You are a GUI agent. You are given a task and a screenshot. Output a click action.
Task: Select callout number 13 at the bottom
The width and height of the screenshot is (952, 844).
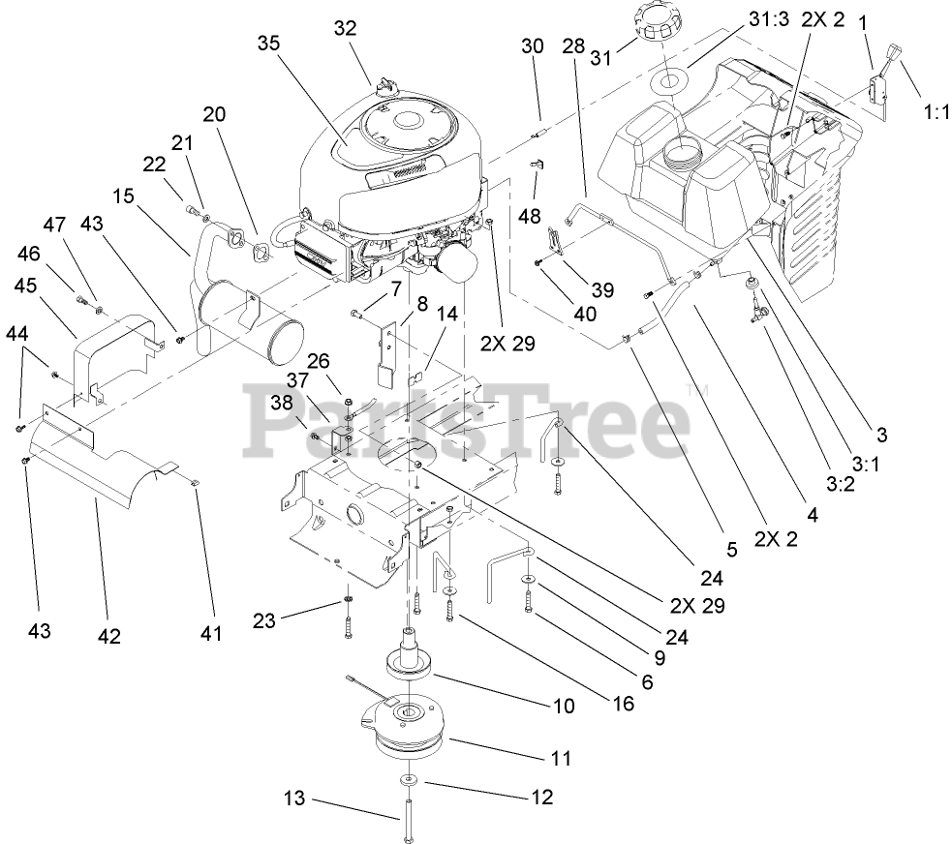294,799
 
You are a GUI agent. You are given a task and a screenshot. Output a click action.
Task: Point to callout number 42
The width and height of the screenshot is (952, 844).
108,636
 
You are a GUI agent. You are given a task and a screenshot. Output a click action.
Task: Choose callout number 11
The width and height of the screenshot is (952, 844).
561,758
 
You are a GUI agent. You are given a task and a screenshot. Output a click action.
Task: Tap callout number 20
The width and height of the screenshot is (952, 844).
214,113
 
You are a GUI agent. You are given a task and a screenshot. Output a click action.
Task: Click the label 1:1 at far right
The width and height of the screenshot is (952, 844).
935,112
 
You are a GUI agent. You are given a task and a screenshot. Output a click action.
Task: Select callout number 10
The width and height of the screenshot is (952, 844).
562,706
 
